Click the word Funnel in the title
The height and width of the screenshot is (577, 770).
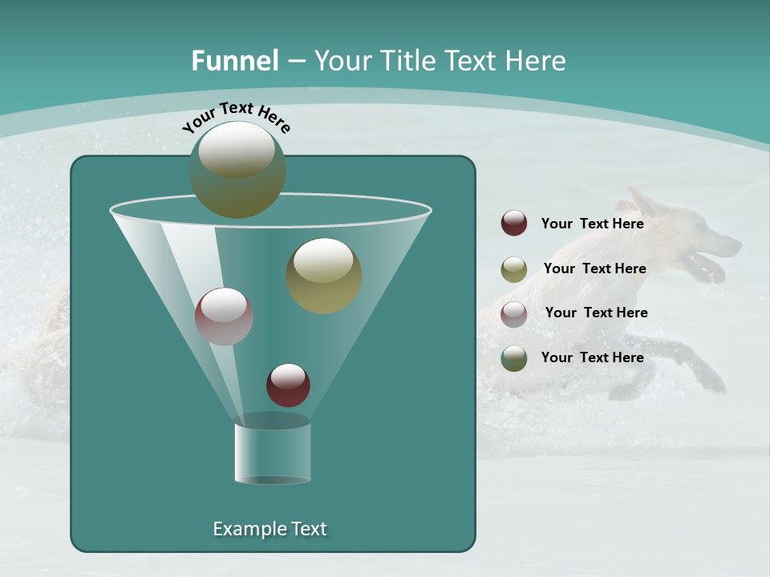click(x=234, y=61)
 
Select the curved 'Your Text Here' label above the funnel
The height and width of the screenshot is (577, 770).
click(x=237, y=116)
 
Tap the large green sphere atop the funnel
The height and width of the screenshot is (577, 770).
click(x=237, y=169)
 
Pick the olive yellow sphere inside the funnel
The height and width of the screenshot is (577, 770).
click(x=324, y=276)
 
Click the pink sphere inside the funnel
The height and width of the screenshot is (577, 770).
click(x=225, y=317)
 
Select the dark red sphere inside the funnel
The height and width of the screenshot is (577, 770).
click(x=289, y=385)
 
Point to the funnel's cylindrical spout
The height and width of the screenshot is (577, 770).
click(x=273, y=453)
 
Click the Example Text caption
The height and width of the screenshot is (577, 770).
click(x=269, y=529)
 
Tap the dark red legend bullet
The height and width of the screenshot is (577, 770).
click(x=514, y=224)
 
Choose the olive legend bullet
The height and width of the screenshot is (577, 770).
click(x=514, y=269)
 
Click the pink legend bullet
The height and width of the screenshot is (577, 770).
click(x=514, y=313)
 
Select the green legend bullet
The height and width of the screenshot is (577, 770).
click(x=514, y=358)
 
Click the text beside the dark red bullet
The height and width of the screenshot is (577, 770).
click(x=592, y=224)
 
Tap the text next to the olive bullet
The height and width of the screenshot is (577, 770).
click(x=594, y=268)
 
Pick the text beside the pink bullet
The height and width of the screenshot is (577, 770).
click(x=596, y=313)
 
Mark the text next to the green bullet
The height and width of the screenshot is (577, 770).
click(x=592, y=357)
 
